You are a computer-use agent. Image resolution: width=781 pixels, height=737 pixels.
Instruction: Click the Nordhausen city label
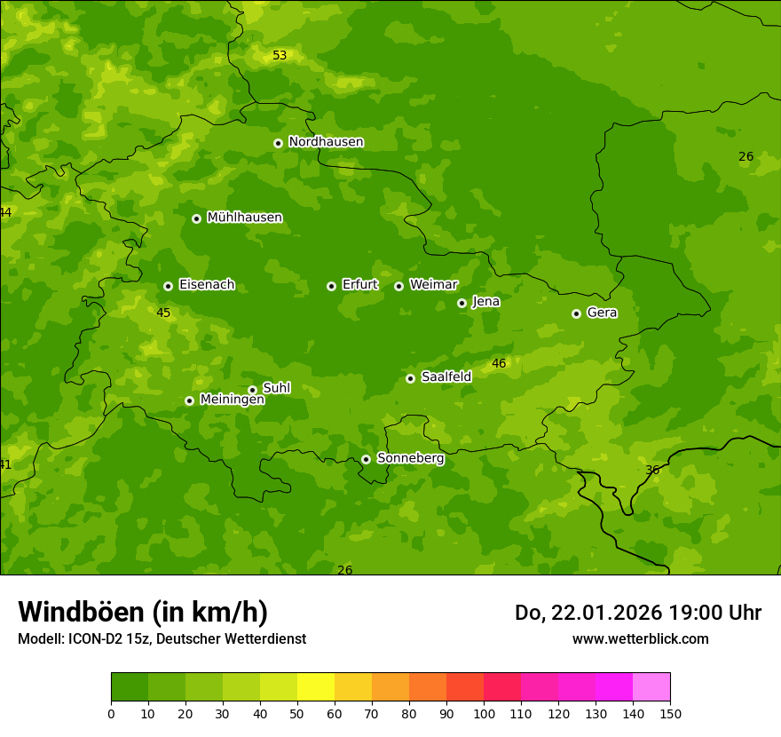tap(326, 142)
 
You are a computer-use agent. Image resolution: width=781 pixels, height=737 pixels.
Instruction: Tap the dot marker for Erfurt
tap(331, 286)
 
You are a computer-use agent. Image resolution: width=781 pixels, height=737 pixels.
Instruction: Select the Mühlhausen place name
tap(244, 218)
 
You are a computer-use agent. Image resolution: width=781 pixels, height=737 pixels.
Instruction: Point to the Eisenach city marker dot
tap(168, 286)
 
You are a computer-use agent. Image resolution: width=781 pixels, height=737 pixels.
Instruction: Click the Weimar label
tap(433, 285)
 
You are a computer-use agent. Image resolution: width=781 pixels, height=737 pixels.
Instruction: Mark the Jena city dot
tap(461, 303)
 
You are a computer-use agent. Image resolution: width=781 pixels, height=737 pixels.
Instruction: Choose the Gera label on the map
tap(602, 313)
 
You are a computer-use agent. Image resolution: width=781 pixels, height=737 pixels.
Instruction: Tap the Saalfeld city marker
tap(410, 378)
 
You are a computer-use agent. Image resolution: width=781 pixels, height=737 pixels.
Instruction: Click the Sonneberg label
tap(410, 458)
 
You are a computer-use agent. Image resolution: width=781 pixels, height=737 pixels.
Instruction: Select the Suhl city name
tap(276, 388)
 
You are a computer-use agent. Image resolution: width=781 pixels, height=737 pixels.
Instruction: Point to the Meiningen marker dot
tap(189, 400)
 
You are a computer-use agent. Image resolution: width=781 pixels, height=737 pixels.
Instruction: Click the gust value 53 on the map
tap(280, 55)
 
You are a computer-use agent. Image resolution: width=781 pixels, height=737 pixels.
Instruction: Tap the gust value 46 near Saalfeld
tap(499, 363)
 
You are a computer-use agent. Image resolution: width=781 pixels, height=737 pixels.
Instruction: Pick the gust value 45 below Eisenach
tap(163, 313)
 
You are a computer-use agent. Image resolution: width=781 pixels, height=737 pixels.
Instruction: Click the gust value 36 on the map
tap(652, 470)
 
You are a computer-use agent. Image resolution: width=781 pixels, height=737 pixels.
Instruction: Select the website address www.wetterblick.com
tap(640, 638)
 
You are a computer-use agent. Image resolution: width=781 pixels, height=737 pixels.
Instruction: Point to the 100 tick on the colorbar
tap(484, 713)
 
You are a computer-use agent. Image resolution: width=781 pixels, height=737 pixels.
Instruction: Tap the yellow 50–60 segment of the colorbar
tap(316, 686)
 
